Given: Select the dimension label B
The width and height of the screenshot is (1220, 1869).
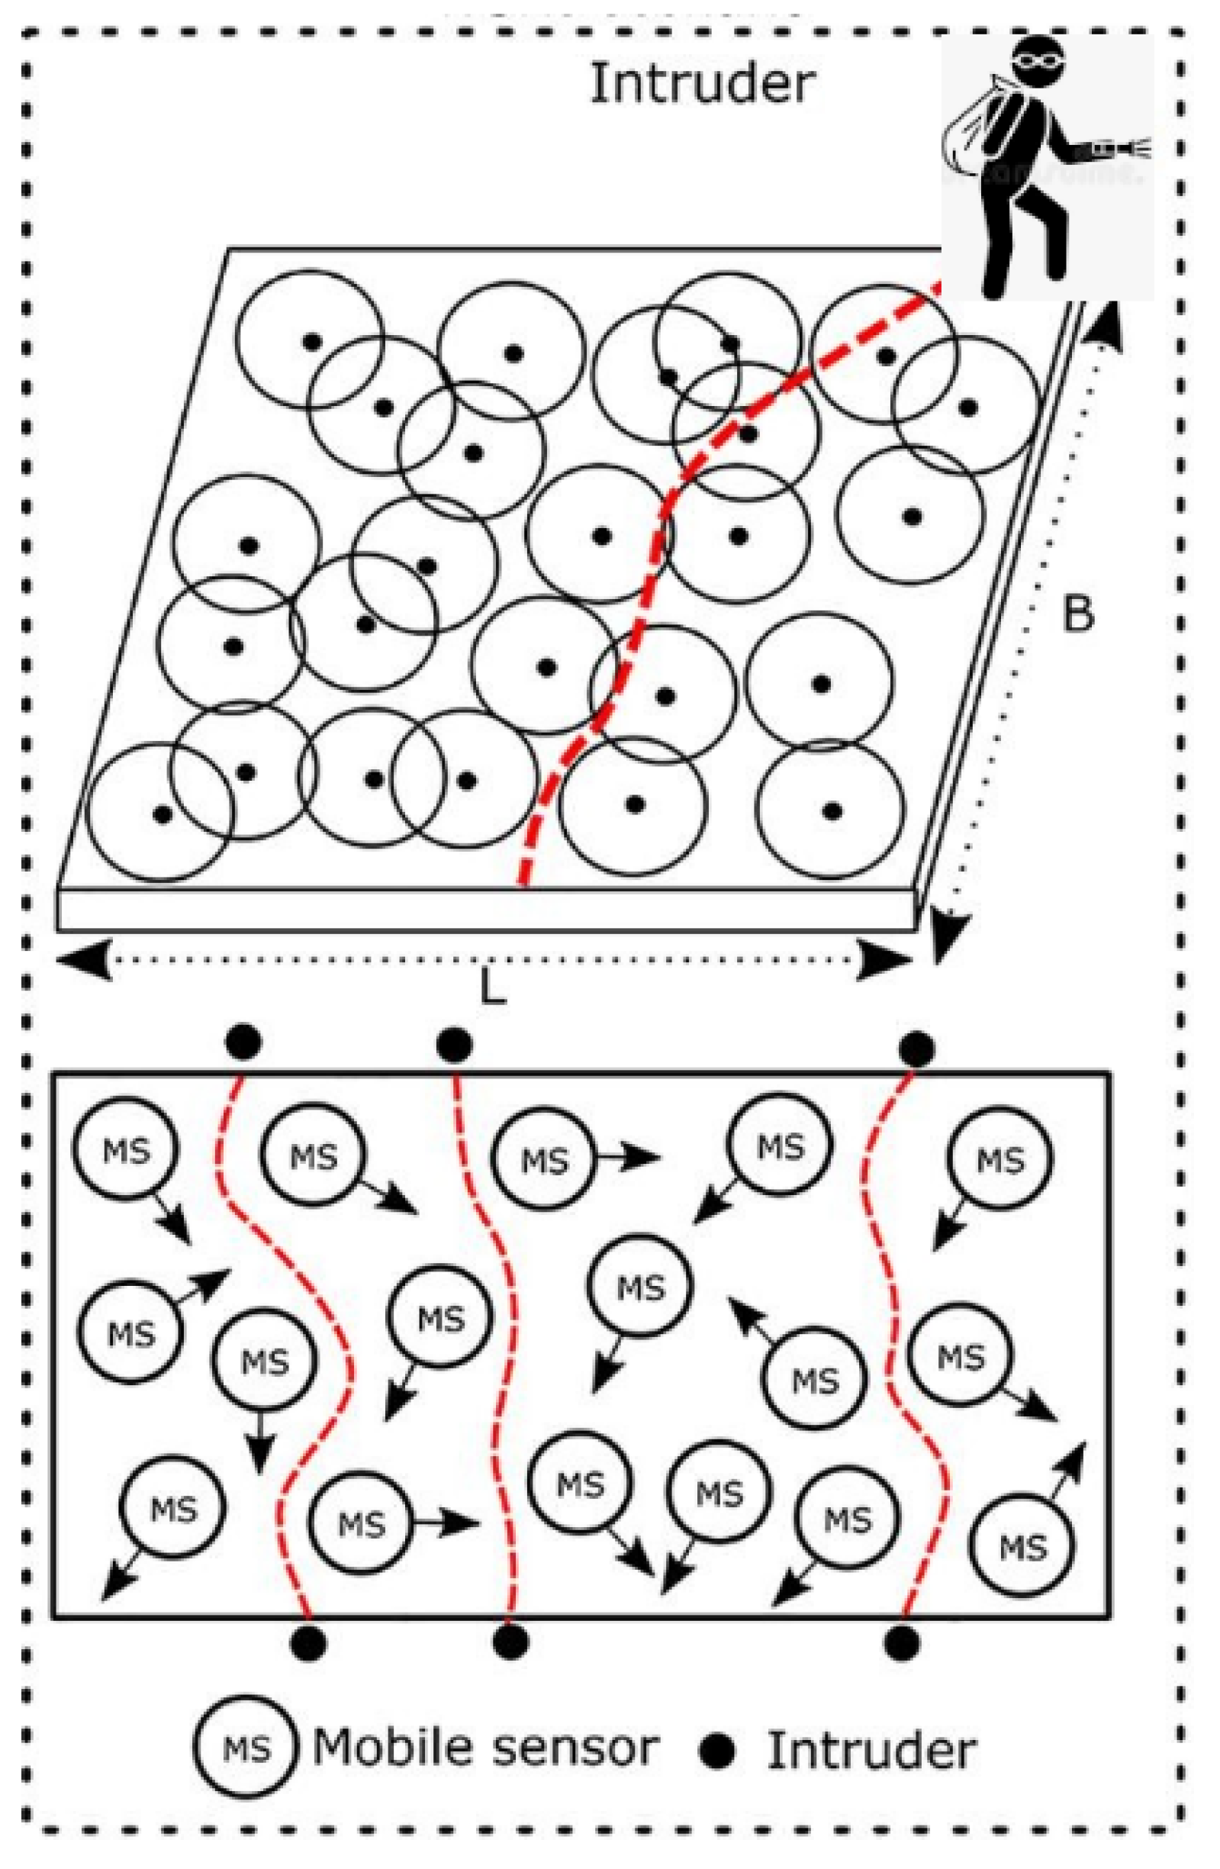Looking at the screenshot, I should (x=1077, y=614).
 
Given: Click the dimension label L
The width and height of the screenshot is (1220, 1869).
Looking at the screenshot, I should (x=492, y=991).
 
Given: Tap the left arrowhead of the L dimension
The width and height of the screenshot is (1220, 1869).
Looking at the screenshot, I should (x=82, y=959).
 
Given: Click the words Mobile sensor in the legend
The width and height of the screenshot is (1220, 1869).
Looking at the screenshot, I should (x=485, y=1748).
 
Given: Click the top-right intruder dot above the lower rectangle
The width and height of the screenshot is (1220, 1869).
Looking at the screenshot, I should (x=916, y=1048).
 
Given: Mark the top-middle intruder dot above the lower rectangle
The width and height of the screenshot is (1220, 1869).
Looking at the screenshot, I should (x=454, y=1046).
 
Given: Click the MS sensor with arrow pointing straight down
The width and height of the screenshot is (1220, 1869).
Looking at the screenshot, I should (x=265, y=1358).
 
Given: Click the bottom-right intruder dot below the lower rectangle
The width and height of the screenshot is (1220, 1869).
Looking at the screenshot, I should (x=901, y=1642).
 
